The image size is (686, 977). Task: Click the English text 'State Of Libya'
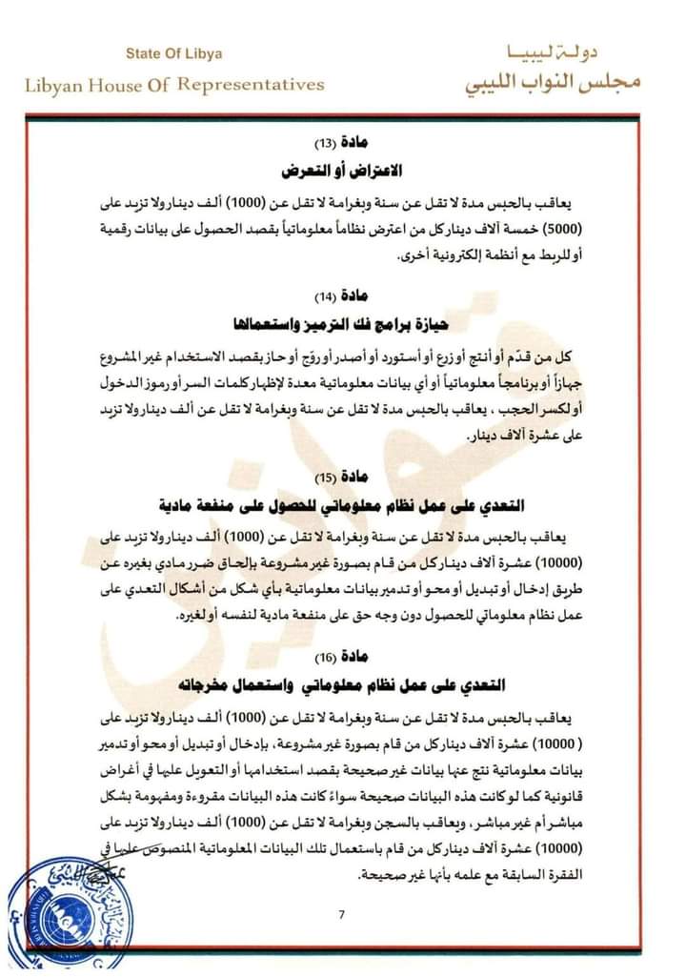click(174, 54)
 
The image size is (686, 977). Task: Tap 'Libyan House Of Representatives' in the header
click(174, 84)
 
